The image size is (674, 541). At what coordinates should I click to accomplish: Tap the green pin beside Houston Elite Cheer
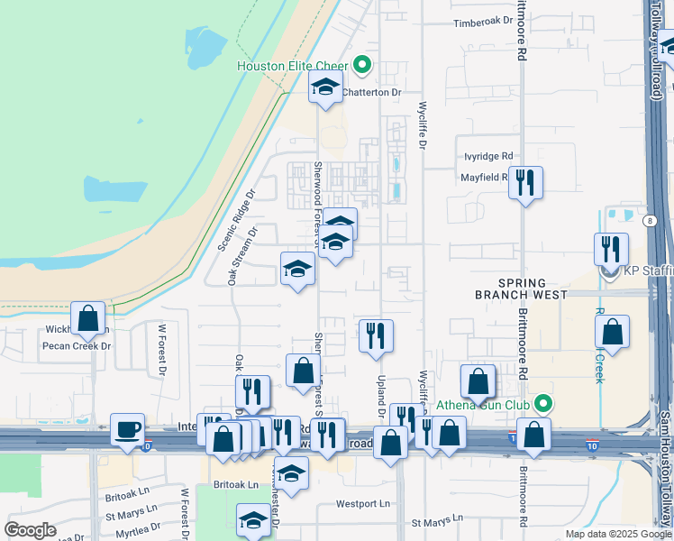pos(362,64)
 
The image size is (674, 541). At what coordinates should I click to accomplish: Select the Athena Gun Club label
pos(482,405)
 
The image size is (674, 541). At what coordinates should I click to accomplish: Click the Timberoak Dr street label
pos(483,23)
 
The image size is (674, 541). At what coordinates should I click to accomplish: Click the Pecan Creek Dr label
pos(76,345)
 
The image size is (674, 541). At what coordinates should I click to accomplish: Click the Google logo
pos(31,530)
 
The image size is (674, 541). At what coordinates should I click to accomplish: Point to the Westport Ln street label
pos(364,504)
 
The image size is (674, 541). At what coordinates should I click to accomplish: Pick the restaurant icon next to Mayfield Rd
pos(525,183)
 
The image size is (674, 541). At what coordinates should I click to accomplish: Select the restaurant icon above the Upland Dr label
pos(376,335)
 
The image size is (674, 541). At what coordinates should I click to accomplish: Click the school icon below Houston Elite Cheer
pos(325,88)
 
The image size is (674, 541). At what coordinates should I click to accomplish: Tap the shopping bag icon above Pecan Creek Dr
pos(88,318)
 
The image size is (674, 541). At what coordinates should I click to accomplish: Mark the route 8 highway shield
pos(651,220)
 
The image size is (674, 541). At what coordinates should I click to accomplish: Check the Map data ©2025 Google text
pos(618,534)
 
